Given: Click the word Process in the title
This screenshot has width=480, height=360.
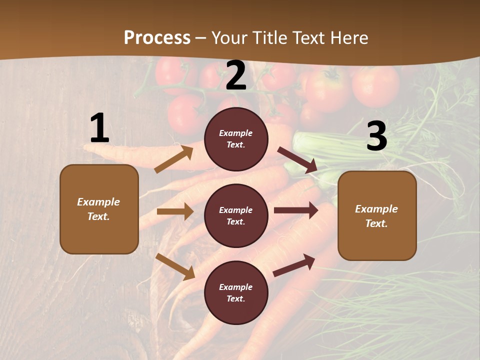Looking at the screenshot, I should (157, 38).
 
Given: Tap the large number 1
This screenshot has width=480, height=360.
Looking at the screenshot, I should (99, 128).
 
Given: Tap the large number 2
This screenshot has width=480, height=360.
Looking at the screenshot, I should (236, 76).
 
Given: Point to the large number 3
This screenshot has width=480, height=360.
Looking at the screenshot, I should (376, 136).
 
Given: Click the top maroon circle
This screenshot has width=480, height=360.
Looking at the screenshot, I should (236, 139).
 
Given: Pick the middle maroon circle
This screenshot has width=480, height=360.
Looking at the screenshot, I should (236, 215).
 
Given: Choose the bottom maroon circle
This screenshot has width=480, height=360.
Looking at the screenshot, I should (236, 292).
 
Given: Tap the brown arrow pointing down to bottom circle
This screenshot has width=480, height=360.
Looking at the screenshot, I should (175, 266).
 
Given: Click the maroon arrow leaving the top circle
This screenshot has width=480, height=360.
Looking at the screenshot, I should (297, 159).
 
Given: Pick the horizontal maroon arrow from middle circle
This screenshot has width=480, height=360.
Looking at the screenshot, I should (295, 210).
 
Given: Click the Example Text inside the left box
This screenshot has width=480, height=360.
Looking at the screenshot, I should (98, 209).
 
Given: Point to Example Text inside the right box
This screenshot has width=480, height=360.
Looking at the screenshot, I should (376, 216).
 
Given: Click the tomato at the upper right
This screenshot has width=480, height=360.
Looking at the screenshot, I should (375, 85).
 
